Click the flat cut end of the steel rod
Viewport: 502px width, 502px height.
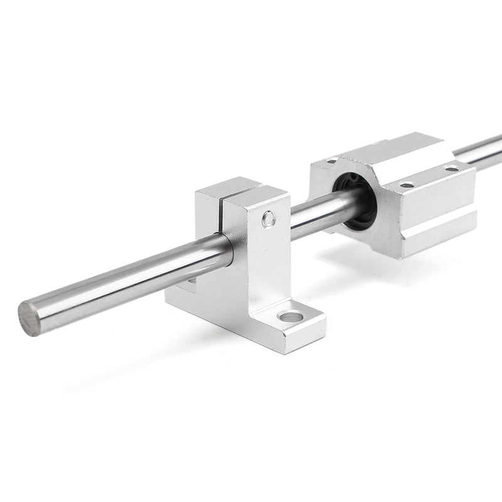(x=29, y=318)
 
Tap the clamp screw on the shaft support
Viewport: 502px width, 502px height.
(x=269, y=218)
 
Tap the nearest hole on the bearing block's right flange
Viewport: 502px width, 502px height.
(x=407, y=184)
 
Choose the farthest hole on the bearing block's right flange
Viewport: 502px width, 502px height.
(x=452, y=168)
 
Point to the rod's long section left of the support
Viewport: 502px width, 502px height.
(x=125, y=282)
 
